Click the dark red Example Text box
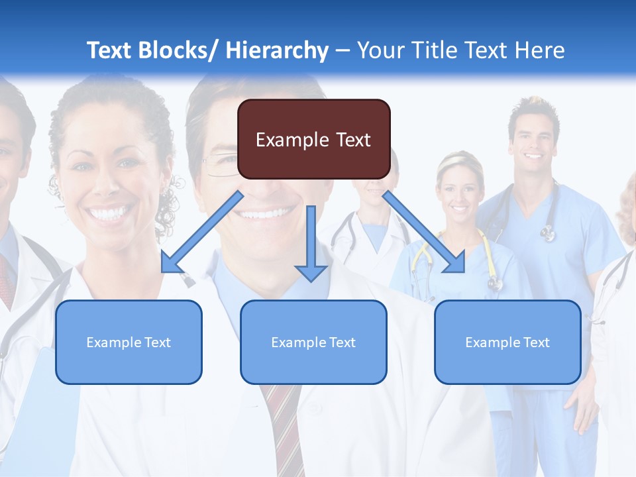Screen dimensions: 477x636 313,139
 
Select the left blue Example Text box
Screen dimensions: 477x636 129,342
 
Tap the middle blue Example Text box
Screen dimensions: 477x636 313,342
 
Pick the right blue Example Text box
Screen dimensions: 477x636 507,342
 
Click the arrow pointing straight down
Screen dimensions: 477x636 311,245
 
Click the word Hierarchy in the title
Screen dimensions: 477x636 277,50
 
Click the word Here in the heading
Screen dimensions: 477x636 539,50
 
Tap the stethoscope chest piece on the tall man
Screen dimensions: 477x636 547,233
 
